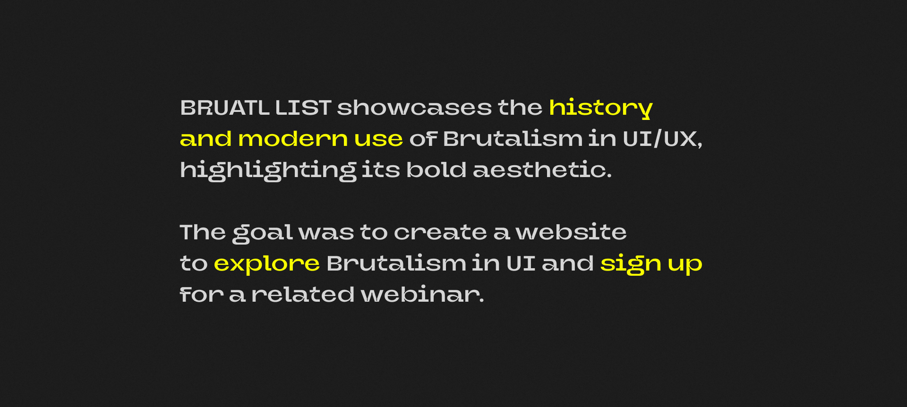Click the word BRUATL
point(225,108)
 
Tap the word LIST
point(303,108)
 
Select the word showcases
point(414,108)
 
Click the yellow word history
point(600,109)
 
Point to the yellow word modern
point(293,139)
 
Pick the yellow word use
point(378,140)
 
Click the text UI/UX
point(662,139)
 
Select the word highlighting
point(268,170)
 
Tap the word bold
point(436,170)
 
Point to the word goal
point(263,233)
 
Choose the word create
point(440,233)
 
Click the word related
point(303,295)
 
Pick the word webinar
point(422,295)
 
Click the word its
point(381,170)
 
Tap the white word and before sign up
point(567,263)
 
